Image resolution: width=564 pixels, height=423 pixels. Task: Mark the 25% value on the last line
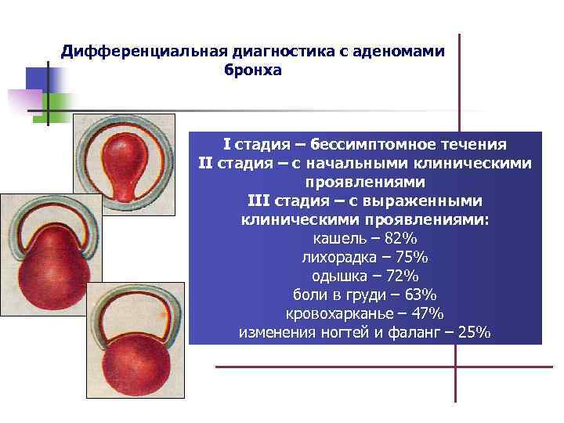pos(471,332)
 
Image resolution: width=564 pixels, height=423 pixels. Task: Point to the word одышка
pos(339,276)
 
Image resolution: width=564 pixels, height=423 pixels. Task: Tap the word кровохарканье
pos(342,313)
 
